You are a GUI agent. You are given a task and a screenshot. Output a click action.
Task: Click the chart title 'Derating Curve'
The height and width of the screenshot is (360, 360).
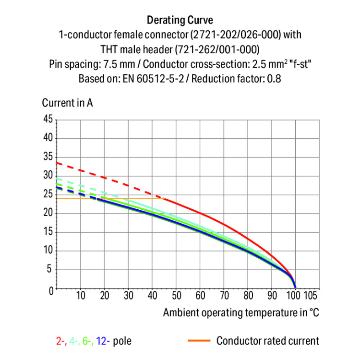pyautogui.click(x=180, y=20)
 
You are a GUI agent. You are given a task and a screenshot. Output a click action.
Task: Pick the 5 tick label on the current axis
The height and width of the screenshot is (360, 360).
pyautogui.click(x=50, y=270)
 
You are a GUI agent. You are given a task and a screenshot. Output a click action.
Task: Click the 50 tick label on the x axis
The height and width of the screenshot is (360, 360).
pyautogui.click(x=176, y=295)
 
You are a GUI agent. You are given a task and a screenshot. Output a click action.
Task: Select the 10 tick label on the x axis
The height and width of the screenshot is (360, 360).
pyautogui.click(x=81, y=295)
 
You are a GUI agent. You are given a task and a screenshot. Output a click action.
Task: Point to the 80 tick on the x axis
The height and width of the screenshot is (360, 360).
pyautogui.click(x=248, y=295)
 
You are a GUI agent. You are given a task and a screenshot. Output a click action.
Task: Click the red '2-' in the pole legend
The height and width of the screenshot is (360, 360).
pyautogui.click(x=61, y=341)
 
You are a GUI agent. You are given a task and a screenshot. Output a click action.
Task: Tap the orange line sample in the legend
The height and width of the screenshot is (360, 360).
pyautogui.click(x=198, y=341)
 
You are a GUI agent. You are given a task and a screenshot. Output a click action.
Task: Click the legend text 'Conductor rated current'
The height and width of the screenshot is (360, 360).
pyautogui.click(x=267, y=341)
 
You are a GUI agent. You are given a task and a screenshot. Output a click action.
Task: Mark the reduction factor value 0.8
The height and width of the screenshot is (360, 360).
pyautogui.click(x=274, y=78)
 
